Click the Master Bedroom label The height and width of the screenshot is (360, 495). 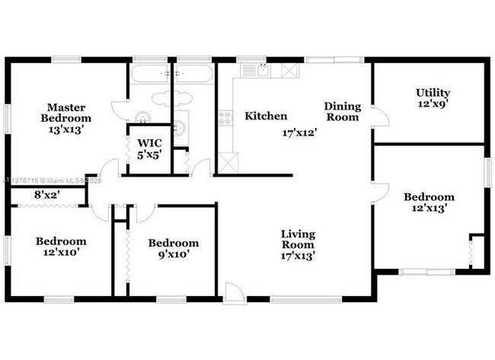[66, 113]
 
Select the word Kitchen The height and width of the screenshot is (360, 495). [266, 116]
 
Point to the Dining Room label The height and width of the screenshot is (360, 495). [342, 112]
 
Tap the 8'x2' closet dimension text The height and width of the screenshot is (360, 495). [48, 196]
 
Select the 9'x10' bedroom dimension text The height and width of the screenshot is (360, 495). [174, 255]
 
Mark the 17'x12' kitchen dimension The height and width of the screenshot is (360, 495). [298, 132]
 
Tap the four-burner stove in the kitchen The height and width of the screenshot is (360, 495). [225, 119]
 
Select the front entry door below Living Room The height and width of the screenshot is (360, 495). [235, 292]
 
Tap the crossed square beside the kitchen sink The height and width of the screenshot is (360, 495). [289, 70]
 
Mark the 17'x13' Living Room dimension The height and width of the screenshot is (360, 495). [298, 256]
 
